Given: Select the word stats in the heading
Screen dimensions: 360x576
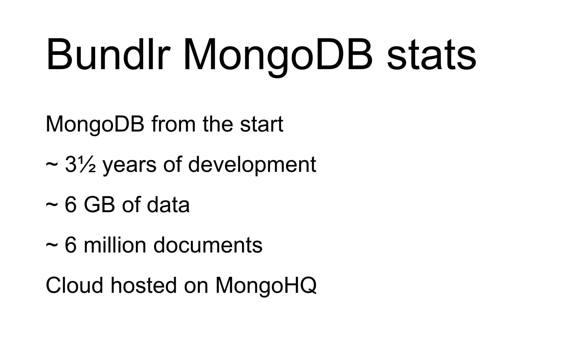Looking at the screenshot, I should (431, 55).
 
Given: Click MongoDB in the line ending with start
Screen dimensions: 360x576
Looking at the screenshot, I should (95, 124).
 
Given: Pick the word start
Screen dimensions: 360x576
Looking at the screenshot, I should (262, 124).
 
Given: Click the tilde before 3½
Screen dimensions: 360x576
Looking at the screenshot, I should (52, 165).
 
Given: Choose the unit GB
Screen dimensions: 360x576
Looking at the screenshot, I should (99, 205).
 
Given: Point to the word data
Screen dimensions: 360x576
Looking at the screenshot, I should (168, 205).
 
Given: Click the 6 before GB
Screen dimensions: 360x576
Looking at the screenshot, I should (71, 205).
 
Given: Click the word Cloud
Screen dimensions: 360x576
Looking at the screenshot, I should (74, 285).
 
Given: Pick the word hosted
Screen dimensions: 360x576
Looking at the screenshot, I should (144, 285).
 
